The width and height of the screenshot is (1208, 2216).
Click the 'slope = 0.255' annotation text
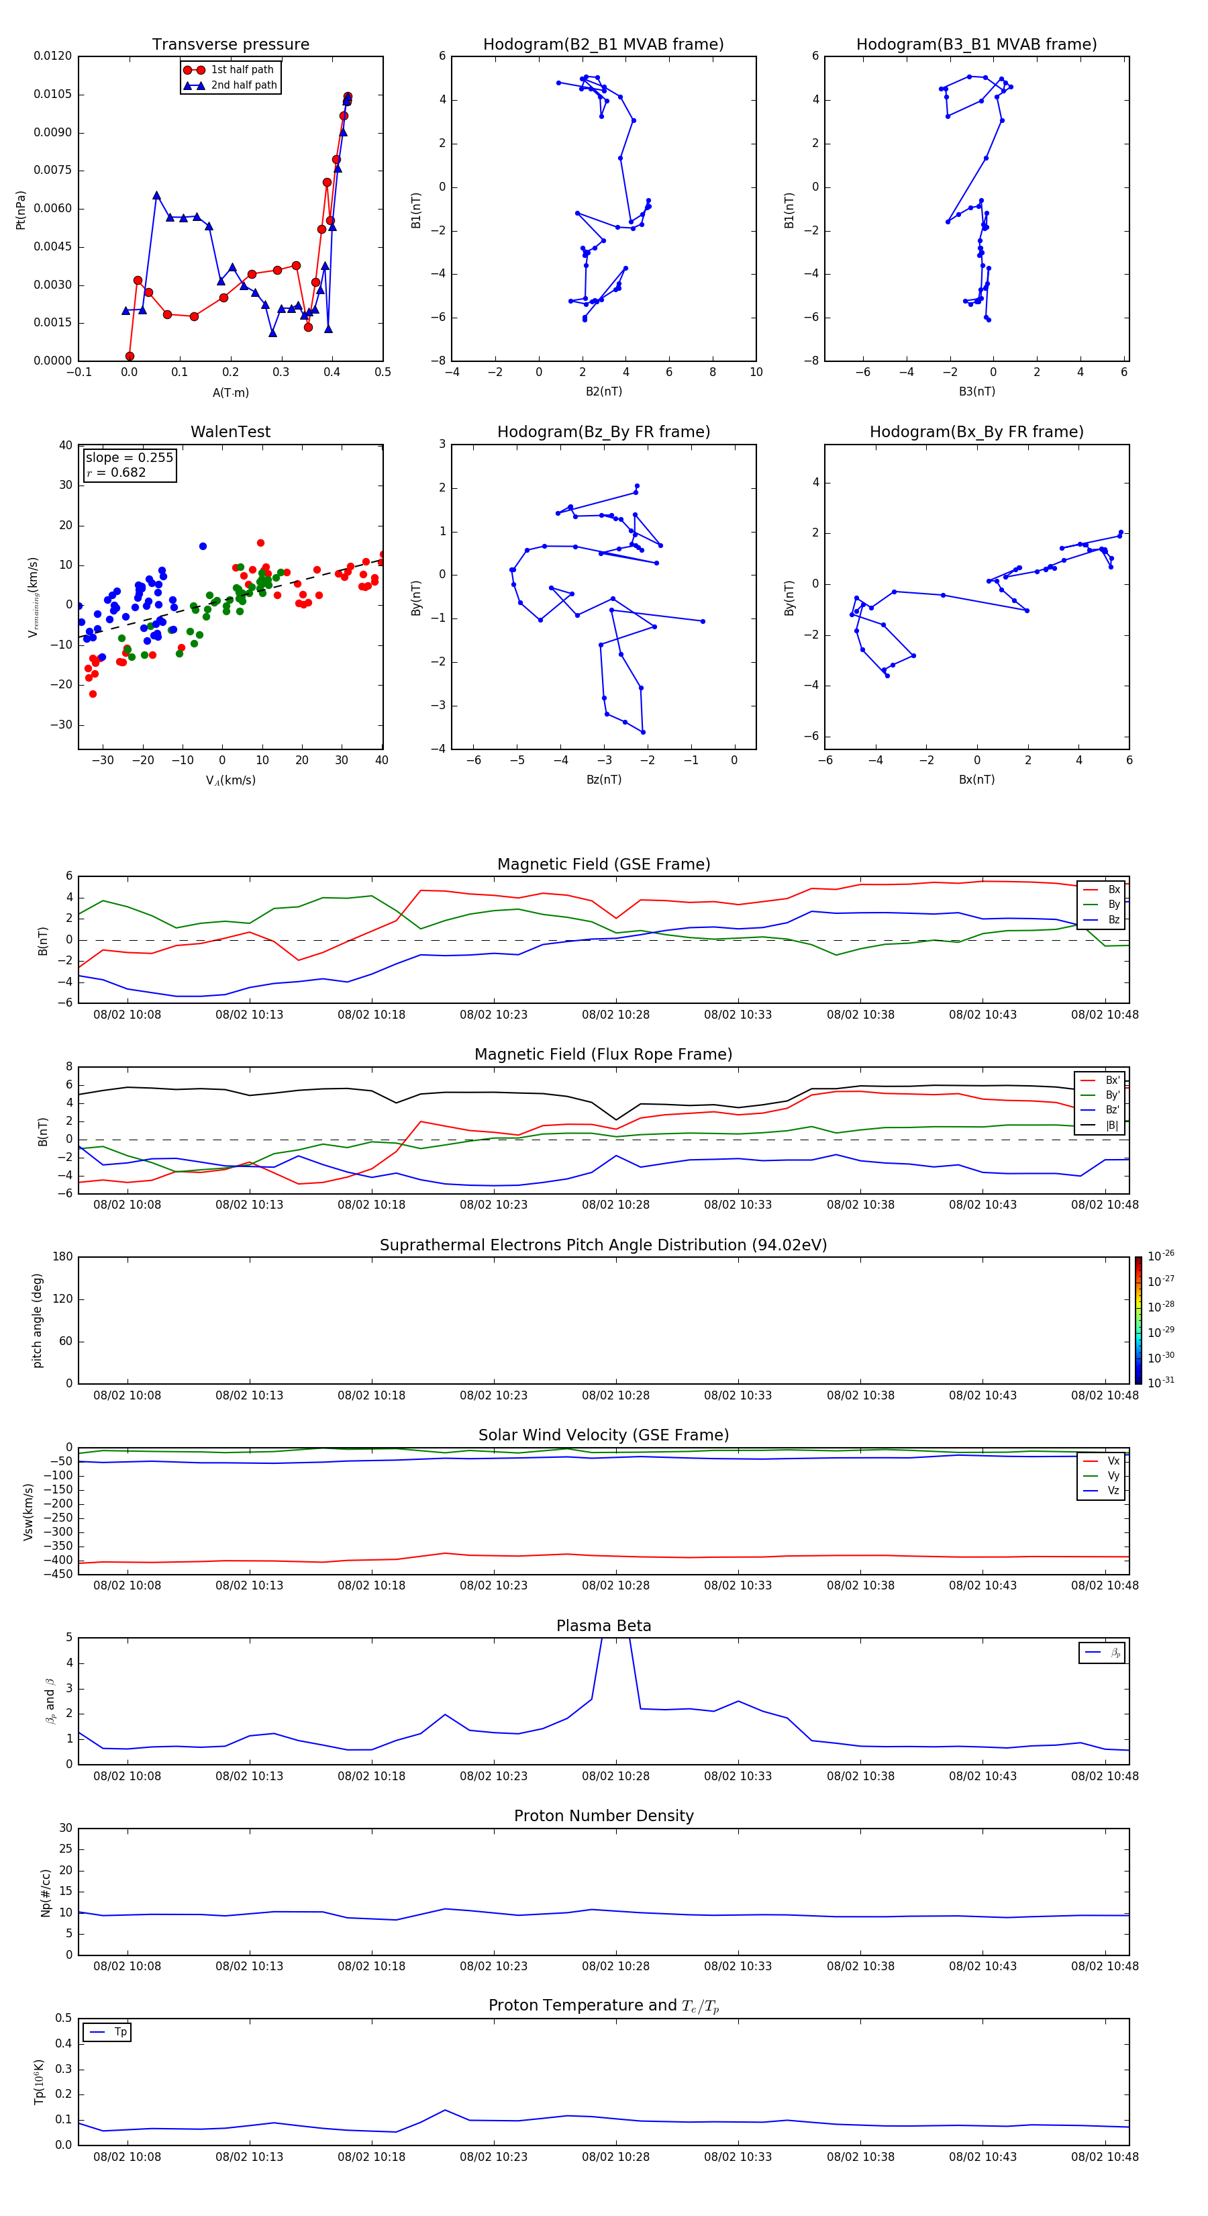[x=129, y=458]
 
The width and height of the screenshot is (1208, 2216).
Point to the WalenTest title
[x=230, y=432]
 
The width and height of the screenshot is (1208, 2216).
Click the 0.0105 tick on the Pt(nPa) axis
[x=52, y=95]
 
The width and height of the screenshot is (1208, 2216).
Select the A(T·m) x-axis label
[x=230, y=392]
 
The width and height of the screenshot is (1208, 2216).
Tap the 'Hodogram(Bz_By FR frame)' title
[x=603, y=432]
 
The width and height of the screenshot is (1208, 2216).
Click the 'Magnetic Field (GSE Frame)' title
[x=603, y=864]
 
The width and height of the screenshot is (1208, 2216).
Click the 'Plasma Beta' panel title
[x=603, y=1626]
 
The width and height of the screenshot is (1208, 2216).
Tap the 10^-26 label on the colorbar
[x=1161, y=1256]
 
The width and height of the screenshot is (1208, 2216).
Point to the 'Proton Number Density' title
[x=603, y=1816]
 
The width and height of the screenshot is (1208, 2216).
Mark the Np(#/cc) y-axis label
[x=46, y=1892]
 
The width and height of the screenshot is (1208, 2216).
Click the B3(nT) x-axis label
[x=976, y=391]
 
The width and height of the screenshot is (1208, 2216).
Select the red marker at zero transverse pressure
[x=130, y=356]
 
